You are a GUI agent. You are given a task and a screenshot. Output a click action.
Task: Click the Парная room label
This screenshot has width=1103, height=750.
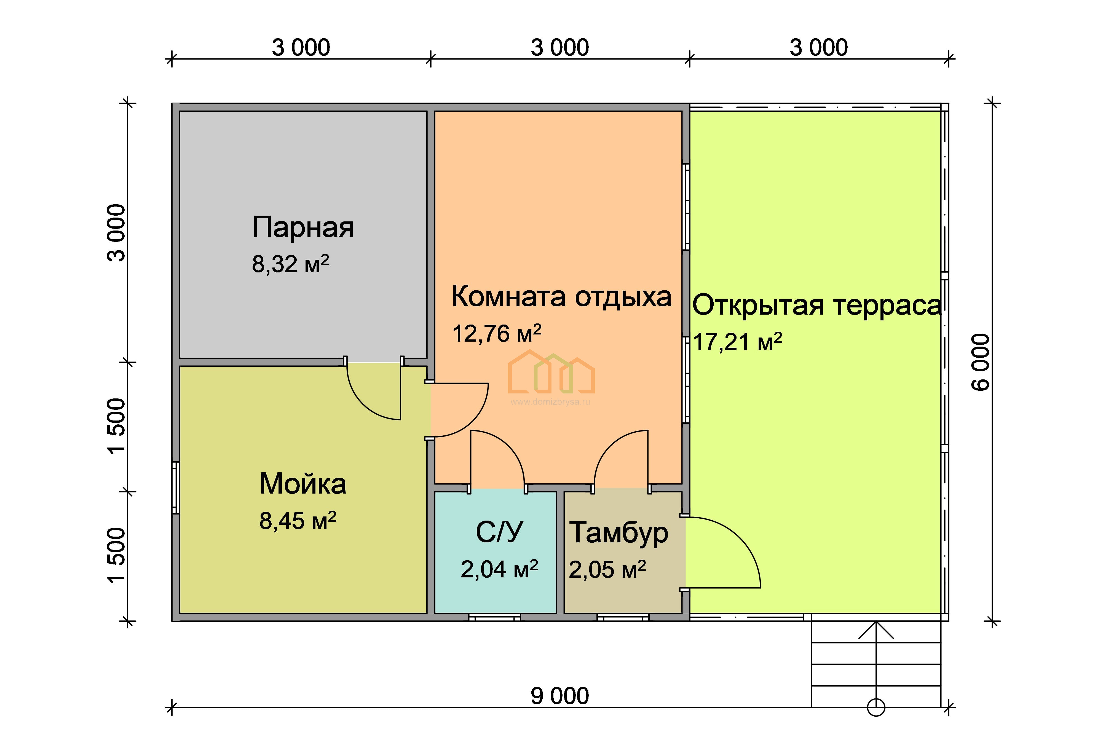click(x=303, y=228)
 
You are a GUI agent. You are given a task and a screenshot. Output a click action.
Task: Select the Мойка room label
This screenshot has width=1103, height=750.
click(x=303, y=484)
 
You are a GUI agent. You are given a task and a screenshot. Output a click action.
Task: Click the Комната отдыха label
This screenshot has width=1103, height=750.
click(x=561, y=297)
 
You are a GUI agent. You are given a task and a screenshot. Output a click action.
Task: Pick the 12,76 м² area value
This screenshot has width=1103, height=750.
click(x=496, y=333)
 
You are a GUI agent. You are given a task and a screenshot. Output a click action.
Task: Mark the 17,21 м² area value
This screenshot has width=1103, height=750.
click(x=738, y=342)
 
